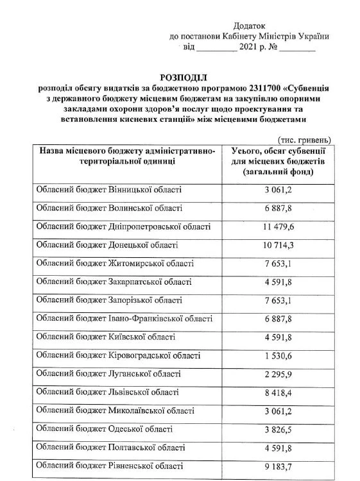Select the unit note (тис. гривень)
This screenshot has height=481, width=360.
pyautogui.click(x=304, y=139)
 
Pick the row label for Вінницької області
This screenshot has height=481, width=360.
pyautogui.click(x=109, y=190)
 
